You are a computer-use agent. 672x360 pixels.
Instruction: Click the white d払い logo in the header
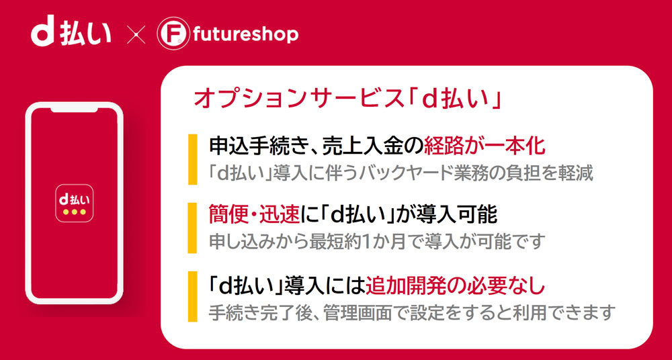tap(71, 35)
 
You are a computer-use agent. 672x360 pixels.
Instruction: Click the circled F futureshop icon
tap(171, 35)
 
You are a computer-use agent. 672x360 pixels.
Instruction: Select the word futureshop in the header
tap(245, 35)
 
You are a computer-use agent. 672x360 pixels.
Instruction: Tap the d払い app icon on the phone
tap(74, 203)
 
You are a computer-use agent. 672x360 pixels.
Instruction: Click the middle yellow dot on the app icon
tap(74, 212)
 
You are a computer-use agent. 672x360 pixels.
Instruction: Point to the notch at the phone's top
tap(74, 109)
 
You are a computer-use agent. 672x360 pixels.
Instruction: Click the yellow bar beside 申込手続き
tap(192, 159)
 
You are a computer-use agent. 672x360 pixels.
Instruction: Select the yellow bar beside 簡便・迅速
tap(192, 228)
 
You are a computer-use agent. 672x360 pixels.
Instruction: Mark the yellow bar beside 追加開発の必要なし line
tap(192, 296)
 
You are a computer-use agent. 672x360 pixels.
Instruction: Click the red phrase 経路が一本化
tap(485, 146)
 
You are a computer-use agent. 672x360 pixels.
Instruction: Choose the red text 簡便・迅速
tap(254, 215)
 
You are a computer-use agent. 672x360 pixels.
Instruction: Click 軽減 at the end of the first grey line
tap(577, 173)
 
